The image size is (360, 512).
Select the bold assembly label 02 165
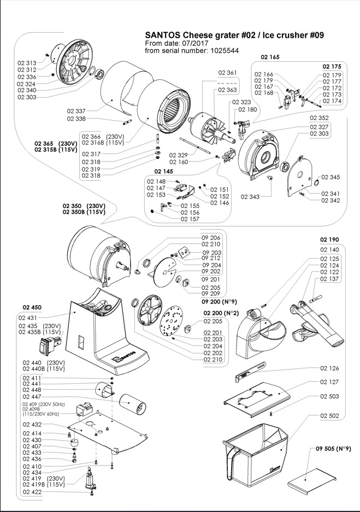coord(270,57)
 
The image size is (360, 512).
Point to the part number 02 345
coord(331,177)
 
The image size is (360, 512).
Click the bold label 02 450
coord(32,307)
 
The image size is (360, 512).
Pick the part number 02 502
coord(329,416)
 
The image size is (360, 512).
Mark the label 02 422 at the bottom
coord(32,492)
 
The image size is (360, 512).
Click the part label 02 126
coord(329,368)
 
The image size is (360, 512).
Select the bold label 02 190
coord(329,239)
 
